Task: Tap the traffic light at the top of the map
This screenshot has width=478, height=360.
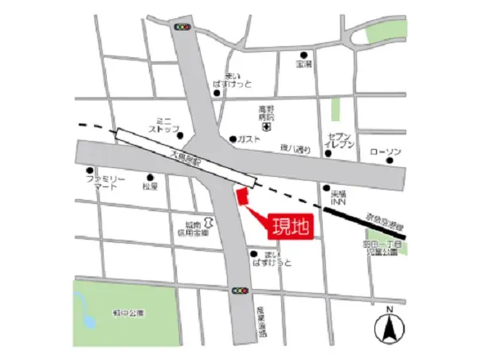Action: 185,27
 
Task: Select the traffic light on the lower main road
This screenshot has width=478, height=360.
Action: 240,292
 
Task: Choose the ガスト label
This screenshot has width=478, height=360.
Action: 249,139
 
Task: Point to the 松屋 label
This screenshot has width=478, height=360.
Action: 151,187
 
